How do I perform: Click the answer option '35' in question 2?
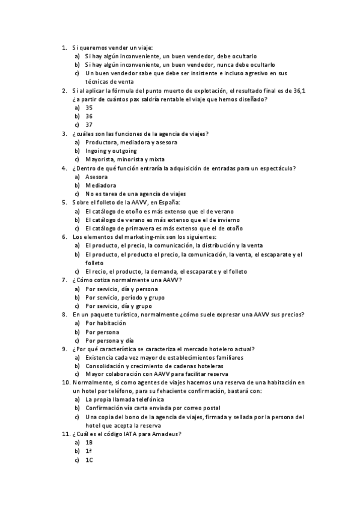(x=89, y=108)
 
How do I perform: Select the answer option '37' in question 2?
(x=89, y=125)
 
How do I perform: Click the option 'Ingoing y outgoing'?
(x=111, y=151)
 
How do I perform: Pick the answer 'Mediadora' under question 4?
(x=101, y=186)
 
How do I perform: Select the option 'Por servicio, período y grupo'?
(x=125, y=297)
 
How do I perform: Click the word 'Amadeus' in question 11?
(x=164, y=434)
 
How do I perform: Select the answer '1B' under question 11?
(x=89, y=442)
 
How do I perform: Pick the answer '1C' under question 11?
(x=89, y=460)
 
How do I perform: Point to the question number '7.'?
(x=64, y=280)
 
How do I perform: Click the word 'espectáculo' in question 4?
(x=273, y=168)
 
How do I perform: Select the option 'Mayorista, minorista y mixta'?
(x=123, y=159)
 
